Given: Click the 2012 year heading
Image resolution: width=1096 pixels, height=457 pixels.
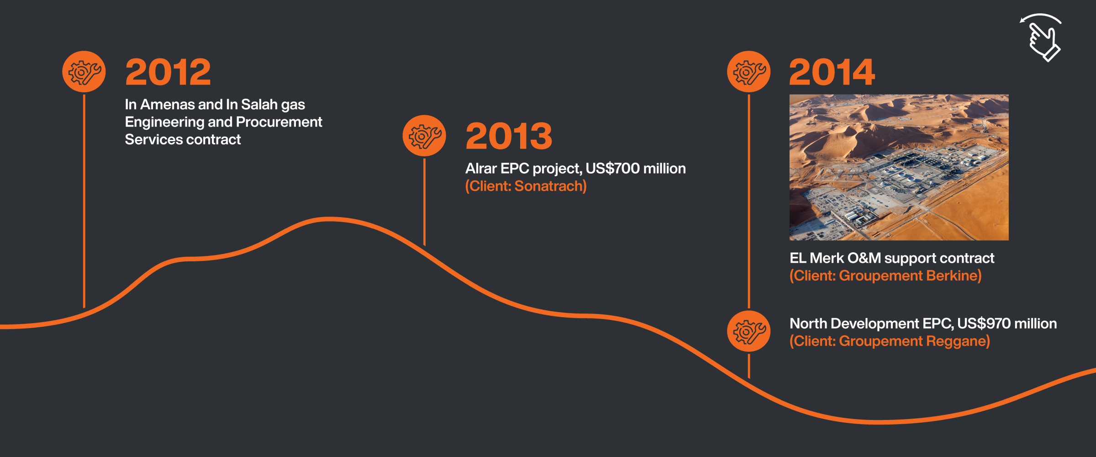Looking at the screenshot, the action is tap(168, 72).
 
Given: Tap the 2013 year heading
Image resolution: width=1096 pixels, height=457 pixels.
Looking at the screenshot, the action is tap(509, 136).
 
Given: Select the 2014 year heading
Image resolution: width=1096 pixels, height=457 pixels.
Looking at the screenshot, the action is tap(832, 72).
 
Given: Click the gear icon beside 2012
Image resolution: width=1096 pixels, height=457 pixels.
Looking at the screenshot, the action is tap(84, 72).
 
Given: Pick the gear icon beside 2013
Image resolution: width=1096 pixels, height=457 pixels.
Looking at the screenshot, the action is tap(424, 136).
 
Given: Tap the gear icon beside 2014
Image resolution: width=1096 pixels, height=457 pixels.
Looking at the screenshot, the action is tap(749, 72).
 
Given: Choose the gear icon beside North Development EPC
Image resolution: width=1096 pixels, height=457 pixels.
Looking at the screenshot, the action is tap(749, 331).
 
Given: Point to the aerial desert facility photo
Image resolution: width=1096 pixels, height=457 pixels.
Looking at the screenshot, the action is tap(899, 167).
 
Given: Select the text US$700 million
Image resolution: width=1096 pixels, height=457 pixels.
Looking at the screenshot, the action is tap(635, 169).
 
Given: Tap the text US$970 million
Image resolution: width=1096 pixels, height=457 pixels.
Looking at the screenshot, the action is tap(1007, 324).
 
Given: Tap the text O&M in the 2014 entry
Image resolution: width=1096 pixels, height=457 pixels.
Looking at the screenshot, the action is tap(864, 258).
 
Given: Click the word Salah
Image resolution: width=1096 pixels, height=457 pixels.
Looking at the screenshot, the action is tap(259, 105).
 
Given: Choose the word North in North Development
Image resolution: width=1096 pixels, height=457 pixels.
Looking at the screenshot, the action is tap(808, 324).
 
